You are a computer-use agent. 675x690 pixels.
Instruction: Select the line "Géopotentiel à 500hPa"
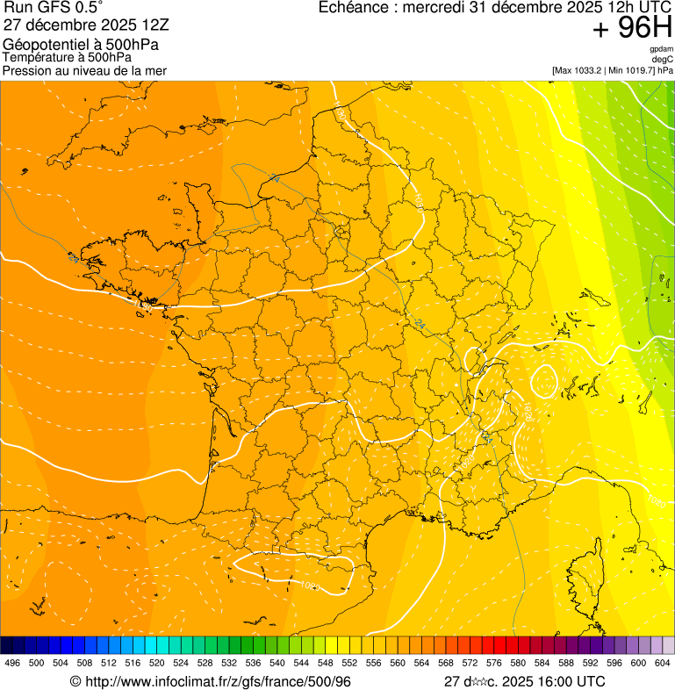click(81, 45)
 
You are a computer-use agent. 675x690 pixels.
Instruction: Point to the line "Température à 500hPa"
click(74, 57)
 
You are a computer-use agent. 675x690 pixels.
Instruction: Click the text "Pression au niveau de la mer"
click(85, 70)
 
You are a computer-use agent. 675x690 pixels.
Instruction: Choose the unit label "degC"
click(663, 59)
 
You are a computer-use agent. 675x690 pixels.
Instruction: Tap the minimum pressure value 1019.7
click(635, 70)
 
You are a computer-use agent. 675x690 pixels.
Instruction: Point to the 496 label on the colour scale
click(12, 664)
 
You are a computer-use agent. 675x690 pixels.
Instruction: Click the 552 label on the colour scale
click(349, 664)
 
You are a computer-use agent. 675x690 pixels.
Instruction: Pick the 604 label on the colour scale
click(662, 664)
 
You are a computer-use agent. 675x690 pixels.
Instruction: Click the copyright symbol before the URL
click(75, 682)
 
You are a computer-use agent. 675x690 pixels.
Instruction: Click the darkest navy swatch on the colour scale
click(6, 645)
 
